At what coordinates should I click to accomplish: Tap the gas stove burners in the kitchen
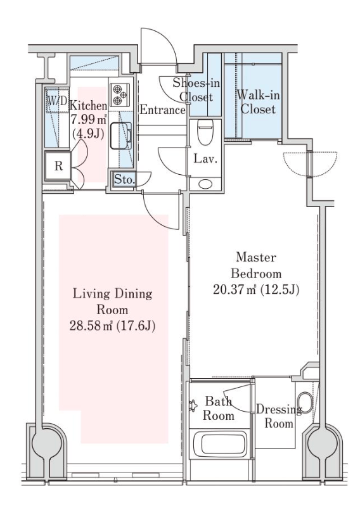[x=120, y=95]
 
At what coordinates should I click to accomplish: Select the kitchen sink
[x=121, y=136]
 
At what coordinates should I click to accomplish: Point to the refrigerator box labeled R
[x=58, y=166]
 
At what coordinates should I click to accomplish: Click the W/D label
[x=58, y=101]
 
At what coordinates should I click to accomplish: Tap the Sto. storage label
[x=124, y=179]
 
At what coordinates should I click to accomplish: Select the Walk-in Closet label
[x=258, y=102]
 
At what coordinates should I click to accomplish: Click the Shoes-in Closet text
[x=196, y=90]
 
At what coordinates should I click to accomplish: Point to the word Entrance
[x=162, y=110]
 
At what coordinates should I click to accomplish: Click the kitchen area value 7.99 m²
[x=89, y=120]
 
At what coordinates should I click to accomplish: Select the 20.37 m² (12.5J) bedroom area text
[x=256, y=289]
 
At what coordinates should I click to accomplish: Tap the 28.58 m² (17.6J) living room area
[x=112, y=326]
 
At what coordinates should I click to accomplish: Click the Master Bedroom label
[x=256, y=265]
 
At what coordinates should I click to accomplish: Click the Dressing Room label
[x=279, y=417]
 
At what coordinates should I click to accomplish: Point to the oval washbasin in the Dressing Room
[x=305, y=403]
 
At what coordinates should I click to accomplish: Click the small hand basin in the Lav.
[x=205, y=184]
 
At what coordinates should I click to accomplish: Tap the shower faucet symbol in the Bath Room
[x=193, y=405]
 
